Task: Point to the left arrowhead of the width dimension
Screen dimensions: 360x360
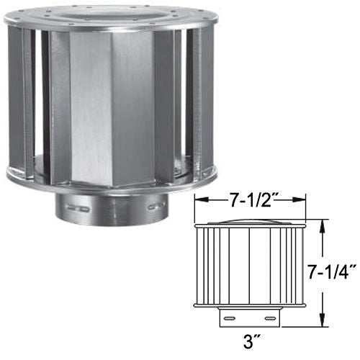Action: [199, 201]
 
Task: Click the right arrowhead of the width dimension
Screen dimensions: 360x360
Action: [303, 201]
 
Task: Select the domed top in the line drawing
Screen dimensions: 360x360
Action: [250, 217]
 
